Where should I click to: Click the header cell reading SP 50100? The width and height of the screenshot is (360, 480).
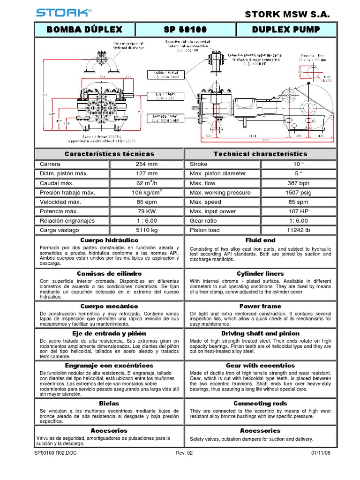tap(185, 30)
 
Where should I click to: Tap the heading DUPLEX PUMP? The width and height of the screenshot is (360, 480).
tap(286, 30)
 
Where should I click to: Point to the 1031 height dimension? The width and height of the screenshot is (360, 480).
tap(44, 95)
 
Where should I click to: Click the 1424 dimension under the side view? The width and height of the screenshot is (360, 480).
tap(252, 135)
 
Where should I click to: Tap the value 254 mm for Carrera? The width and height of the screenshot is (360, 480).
tap(147, 165)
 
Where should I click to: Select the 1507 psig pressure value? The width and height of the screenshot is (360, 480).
tap(298, 193)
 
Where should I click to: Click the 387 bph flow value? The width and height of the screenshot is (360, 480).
tap(298, 183)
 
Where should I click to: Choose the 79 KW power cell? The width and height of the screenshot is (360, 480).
tap(147, 211)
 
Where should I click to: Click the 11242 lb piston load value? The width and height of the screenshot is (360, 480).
tap(298, 230)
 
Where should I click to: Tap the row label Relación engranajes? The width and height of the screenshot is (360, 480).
tap(67, 221)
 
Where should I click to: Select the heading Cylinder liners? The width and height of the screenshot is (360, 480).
tap(260, 273)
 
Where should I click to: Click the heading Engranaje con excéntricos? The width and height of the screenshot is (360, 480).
tap(110, 365)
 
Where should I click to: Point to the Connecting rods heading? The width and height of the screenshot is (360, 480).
tap(260, 403)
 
